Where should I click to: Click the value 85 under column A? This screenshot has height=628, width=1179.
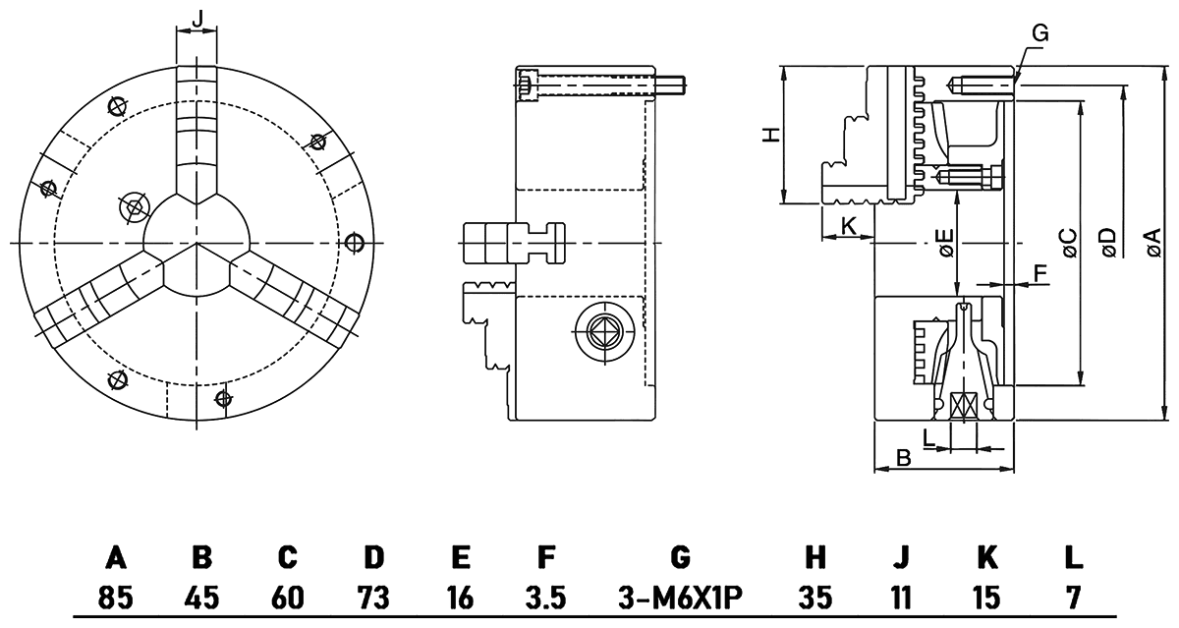tap(116, 596)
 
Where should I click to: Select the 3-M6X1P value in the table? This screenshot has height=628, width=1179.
tap(680, 596)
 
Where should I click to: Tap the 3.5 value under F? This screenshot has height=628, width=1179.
tap(545, 596)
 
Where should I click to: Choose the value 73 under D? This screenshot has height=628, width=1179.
tap(373, 596)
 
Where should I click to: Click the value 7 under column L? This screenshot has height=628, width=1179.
tap(1073, 596)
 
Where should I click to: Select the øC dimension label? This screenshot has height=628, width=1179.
tap(1068, 242)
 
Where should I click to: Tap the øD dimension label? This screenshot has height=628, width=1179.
tap(1108, 242)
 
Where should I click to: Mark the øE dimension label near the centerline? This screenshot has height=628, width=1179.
tap(944, 242)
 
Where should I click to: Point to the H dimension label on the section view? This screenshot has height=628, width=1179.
tap(772, 134)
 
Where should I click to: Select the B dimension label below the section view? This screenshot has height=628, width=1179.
tap(904, 457)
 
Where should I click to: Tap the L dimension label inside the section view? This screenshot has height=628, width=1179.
tap(928, 433)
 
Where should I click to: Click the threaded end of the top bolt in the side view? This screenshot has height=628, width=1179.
tap(674, 86)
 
